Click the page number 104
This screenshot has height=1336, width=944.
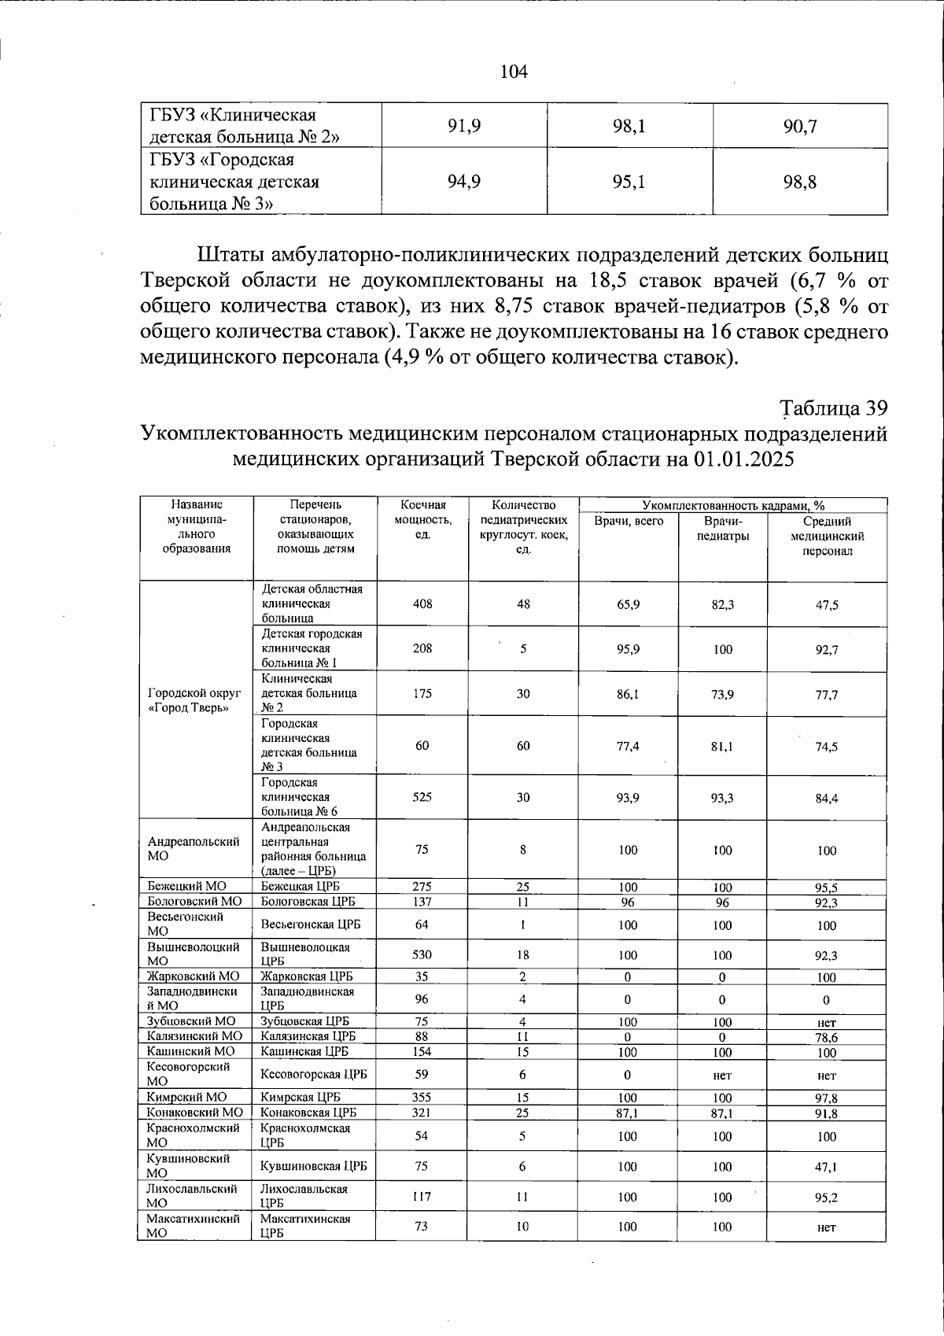(514, 72)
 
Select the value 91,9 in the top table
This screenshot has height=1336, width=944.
(464, 126)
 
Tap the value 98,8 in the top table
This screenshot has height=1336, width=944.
(800, 183)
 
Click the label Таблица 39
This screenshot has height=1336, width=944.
(834, 408)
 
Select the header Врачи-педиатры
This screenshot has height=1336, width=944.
(722, 528)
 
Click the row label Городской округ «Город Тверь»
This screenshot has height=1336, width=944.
(194, 699)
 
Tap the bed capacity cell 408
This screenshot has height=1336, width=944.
(422, 604)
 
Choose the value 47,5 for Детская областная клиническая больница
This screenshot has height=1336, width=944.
(827, 605)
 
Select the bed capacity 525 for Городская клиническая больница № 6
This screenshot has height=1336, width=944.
(422, 797)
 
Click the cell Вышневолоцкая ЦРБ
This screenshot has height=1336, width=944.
(305, 954)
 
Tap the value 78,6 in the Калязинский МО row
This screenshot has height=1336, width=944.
(826, 1037)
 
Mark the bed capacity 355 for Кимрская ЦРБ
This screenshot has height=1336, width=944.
(422, 1097)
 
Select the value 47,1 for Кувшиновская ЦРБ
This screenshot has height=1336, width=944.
(826, 1168)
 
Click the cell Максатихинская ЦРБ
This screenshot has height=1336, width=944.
(305, 1226)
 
